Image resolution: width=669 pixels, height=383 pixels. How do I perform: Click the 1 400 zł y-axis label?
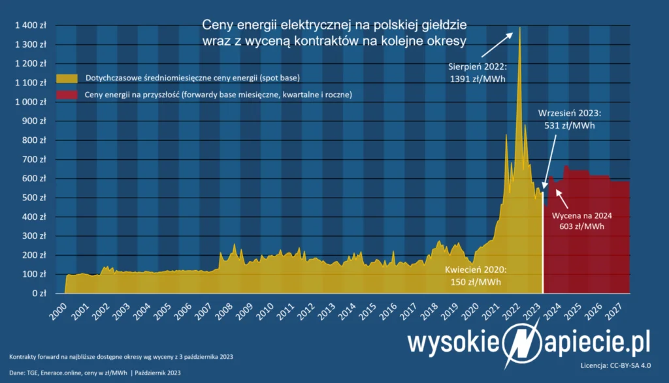point(29,25)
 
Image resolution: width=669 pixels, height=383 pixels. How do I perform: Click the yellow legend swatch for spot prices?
point(66,78)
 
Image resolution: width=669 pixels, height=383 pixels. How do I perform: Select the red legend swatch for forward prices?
point(66,95)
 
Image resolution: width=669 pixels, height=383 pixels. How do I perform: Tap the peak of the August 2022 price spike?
point(519,27)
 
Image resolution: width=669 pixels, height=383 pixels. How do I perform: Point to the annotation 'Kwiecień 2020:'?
point(476,269)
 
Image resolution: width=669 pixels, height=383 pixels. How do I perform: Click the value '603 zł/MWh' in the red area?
point(581,226)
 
